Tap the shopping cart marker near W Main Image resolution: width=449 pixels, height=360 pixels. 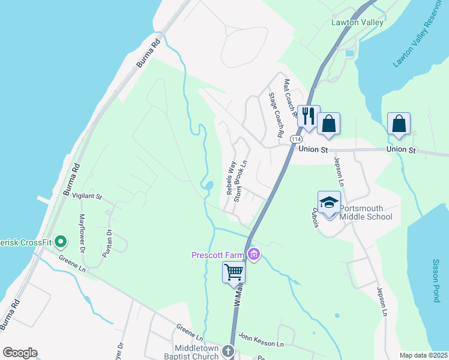pyautogui.click(x=234, y=272)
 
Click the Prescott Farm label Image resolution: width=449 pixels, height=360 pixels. pyautogui.click(x=217, y=255)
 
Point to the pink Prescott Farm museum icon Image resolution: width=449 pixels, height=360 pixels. pyautogui.click(x=254, y=255)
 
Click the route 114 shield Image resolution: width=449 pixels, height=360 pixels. pyautogui.click(x=295, y=139)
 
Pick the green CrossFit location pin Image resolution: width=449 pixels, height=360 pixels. pyautogui.click(x=60, y=242)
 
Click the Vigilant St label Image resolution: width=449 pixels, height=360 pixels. pyautogui.click(x=88, y=196)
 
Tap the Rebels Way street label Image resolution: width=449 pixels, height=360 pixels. pyautogui.click(x=230, y=177)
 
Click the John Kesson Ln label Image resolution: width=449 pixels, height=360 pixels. pyautogui.click(x=261, y=340)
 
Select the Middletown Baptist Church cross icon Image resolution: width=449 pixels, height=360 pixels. pyautogui.click(x=228, y=350)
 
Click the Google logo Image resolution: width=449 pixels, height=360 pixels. pyautogui.click(x=20, y=353)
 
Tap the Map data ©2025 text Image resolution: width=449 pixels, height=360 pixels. pyautogui.click(x=423, y=355)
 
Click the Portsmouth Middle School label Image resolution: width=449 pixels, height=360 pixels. pyautogui.click(x=366, y=212)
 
